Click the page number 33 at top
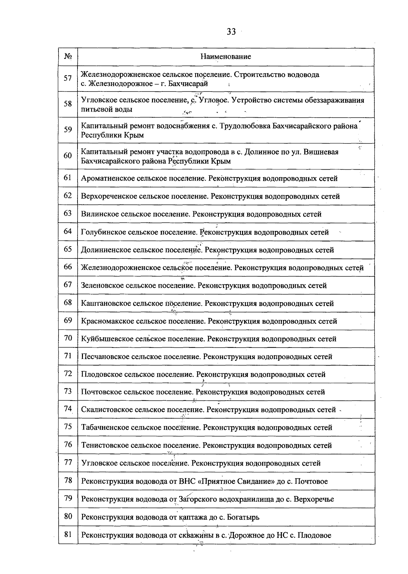click(x=231, y=32)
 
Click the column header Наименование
click(x=226, y=56)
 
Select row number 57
click(x=68, y=78)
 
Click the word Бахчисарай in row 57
click(x=188, y=83)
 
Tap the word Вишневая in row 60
click(x=323, y=152)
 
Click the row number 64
click(x=68, y=231)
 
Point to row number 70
click(x=68, y=338)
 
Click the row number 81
click(x=68, y=534)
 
